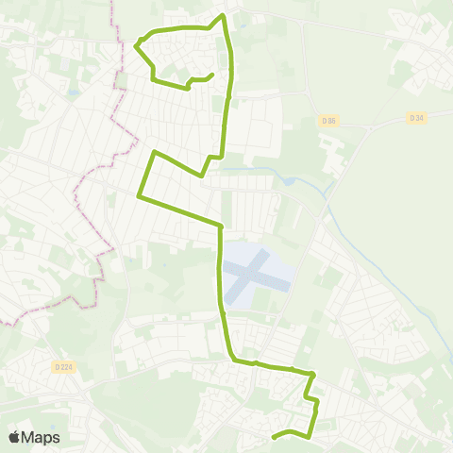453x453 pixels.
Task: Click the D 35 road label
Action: [x=327, y=120]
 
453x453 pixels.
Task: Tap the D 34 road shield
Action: [x=416, y=117]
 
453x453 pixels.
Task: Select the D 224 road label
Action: [x=63, y=366]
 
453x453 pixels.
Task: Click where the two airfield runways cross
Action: [x=251, y=274]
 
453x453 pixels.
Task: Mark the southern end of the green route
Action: [x=274, y=437]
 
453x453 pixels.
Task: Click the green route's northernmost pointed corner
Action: [x=223, y=15]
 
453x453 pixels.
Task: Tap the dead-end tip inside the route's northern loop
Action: [x=212, y=75]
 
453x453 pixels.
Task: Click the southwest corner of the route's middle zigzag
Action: [x=139, y=196]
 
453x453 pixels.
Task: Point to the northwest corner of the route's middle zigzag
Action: [x=153, y=151]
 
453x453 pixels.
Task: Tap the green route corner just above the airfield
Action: [x=221, y=226]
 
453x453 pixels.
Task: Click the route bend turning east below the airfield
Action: [x=232, y=358]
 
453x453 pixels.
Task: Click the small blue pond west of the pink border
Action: [x=72, y=93]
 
